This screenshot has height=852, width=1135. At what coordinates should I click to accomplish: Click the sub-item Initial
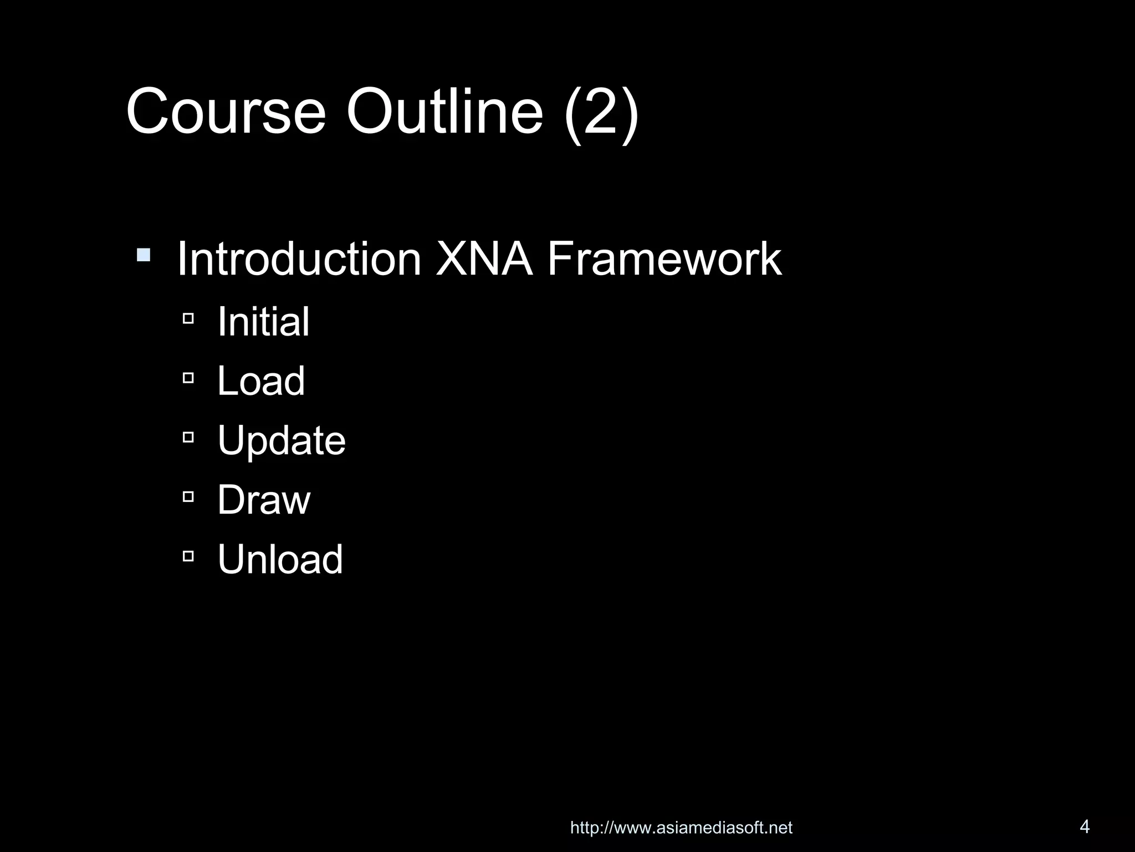(263, 322)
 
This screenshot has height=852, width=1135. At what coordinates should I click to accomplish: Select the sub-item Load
(261, 381)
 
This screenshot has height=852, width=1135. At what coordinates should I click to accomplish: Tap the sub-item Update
(282, 442)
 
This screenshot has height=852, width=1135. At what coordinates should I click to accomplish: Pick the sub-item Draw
(264, 500)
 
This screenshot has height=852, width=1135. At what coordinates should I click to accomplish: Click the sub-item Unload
(280, 559)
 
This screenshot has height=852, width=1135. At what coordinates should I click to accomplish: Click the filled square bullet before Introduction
(144, 255)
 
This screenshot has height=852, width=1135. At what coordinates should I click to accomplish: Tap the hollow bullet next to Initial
(188, 318)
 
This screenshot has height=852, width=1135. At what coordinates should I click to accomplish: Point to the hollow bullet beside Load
(188, 378)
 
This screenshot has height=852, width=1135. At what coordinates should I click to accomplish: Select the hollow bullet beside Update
(188, 437)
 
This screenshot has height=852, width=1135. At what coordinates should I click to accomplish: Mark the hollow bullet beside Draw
(188, 496)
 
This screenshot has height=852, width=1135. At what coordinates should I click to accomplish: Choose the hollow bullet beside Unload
(188, 556)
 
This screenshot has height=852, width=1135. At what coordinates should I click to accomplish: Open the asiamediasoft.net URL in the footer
(681, 828)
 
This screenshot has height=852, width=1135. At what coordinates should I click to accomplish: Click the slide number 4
(1085, 826)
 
